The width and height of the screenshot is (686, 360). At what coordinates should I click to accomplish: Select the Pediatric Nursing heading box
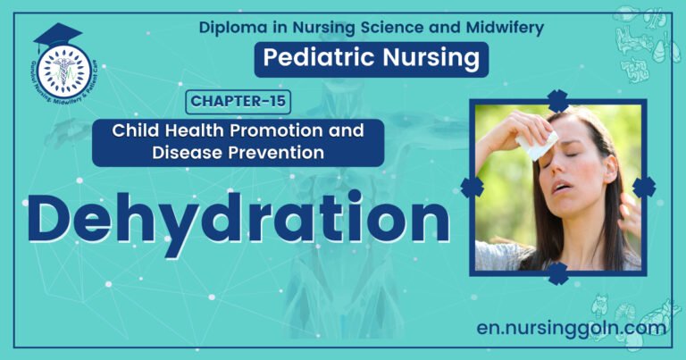click(x=372, y=60)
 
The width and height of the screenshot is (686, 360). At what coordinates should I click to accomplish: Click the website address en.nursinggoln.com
click(x=571, y=328)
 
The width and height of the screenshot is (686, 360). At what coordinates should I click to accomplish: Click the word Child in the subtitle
click(x=135, y=130)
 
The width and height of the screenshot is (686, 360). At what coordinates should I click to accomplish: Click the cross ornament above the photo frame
click(x=558, y=100)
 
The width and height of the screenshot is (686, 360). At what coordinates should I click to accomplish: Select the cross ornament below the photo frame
click(x=558, y=272)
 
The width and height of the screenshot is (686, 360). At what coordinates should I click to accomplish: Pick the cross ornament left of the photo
click(x=472, y=187)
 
